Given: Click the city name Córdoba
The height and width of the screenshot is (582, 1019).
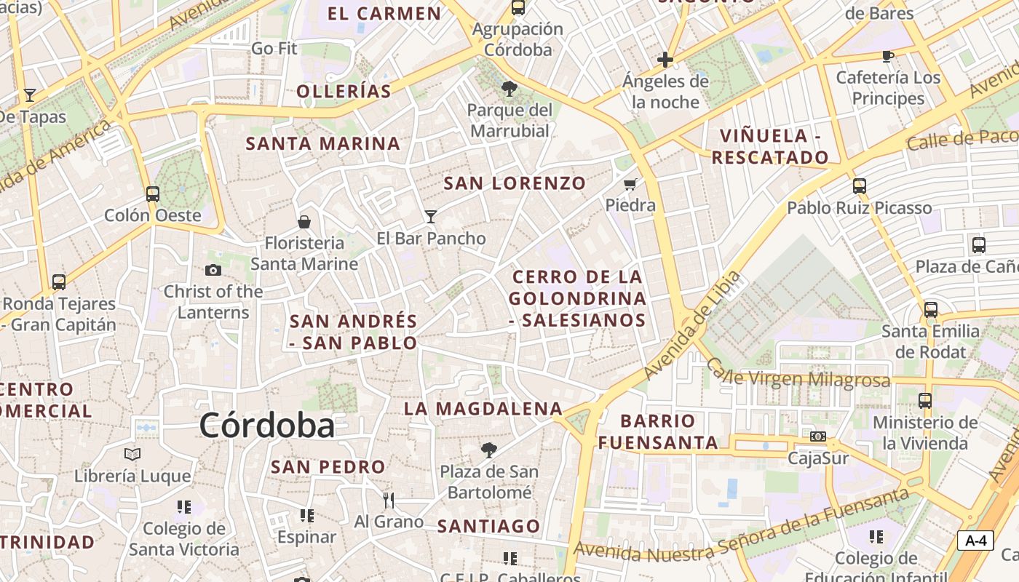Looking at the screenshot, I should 266,426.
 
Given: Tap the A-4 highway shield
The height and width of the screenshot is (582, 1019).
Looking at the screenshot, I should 975,541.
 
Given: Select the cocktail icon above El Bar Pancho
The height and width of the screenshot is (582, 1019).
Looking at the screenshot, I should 431,216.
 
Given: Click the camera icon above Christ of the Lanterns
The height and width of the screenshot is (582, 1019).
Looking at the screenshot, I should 213,270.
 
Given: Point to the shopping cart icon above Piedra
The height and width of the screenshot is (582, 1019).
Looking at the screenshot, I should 630,184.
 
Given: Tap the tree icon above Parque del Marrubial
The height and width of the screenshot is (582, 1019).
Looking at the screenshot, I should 509,89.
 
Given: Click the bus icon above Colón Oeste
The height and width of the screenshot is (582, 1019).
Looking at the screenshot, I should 152,194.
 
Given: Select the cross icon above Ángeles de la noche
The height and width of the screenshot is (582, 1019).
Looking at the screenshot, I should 665,60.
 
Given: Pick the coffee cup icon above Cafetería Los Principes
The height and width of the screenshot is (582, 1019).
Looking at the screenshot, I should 887,56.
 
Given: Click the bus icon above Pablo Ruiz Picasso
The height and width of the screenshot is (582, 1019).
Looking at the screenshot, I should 860,186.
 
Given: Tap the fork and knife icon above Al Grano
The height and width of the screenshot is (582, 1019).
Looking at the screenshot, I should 389,500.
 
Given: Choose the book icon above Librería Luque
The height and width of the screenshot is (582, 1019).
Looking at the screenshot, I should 132,455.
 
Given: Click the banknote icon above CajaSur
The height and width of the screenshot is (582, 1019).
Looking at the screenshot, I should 818,436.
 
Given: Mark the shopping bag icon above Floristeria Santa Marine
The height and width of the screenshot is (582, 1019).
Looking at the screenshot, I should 304,221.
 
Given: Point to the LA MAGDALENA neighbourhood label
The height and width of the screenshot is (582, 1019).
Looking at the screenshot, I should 483,409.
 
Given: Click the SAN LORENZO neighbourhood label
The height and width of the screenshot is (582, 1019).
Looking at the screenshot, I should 515,183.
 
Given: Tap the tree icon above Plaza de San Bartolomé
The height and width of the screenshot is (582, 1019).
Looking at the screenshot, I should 489,450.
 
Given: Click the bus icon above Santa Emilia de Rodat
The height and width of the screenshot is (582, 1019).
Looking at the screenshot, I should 930,310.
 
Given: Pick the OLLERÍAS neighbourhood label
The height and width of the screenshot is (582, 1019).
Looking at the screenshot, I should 344,91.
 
